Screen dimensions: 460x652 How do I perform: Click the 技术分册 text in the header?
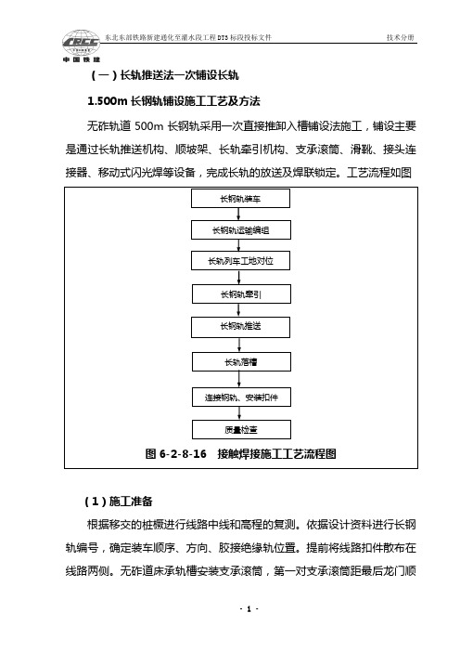click(x=401, y=37)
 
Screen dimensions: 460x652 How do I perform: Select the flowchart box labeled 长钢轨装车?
click(x=240, y=199)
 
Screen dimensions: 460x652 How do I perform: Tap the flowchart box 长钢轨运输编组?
click(x=241, y=230)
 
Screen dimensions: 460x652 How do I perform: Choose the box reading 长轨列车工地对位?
click(x=241, y=261)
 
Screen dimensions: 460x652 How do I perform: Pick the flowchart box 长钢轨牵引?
click(x=241, y=294)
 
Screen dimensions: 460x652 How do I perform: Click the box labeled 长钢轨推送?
click(x=240, y=327)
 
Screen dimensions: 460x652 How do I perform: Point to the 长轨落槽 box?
click(x=241, y=362)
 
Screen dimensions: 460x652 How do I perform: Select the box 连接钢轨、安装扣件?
click(x=241, y=398)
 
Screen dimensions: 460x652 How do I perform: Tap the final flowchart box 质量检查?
click(x=241, y=429)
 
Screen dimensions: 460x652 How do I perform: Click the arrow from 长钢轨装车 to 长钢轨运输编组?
click(x=238, y=215)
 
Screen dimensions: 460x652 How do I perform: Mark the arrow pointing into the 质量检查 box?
click(x=239, y=413)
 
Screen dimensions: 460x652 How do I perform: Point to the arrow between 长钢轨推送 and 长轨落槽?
click(x=239, y=346)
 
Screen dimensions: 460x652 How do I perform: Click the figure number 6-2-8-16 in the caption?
click(x=183, y=453)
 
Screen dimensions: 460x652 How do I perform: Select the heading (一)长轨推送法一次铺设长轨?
click(x=165, y=75)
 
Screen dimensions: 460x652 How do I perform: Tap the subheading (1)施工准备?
click(x=119, y=501)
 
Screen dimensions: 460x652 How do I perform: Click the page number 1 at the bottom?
click(x=249, y=609)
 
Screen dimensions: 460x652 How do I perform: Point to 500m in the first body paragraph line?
click(x=149, y=126)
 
